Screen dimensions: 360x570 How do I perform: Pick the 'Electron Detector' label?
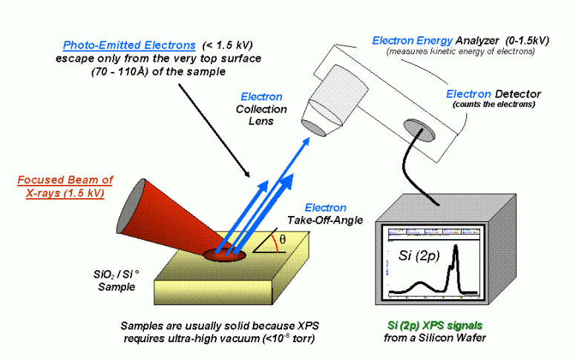[x=494, y=94]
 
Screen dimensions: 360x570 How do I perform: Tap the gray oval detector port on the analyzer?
[x=418, y=130]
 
